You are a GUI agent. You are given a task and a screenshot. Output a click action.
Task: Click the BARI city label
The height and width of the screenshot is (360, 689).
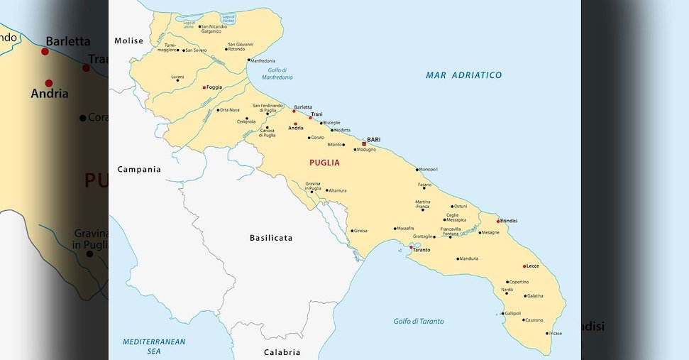[x=373, y=140]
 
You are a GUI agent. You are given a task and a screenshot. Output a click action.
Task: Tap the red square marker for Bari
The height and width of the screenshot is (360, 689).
[x=364, y=143]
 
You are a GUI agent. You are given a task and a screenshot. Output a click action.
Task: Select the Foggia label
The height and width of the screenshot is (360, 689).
[x=214, y=87]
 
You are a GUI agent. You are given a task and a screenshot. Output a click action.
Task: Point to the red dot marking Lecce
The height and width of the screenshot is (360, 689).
[x=524, y=266]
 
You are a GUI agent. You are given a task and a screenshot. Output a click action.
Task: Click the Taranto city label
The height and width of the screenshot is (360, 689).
[x=421, y=250]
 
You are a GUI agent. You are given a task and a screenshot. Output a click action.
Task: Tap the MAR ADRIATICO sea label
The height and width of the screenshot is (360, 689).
[x=463, y=75]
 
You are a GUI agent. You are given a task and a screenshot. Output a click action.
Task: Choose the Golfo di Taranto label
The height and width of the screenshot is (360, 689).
[x=419, y=322]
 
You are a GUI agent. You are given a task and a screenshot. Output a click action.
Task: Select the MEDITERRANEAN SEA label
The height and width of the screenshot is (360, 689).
[x=154, y=346]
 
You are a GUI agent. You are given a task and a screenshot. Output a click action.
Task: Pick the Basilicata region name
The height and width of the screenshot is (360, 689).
[x=271, y=238]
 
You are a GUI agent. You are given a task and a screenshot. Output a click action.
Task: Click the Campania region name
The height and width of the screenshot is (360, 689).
[x=139, y=170]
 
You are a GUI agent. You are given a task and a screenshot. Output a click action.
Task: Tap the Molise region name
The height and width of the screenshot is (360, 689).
[x=128, y=41]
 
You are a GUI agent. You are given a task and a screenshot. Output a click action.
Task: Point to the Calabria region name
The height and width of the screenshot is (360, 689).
[x=282, y=352]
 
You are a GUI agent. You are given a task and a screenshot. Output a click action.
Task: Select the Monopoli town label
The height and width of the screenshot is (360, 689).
[x=429, y=169]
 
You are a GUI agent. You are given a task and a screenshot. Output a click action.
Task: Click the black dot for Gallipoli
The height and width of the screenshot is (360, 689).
[x=502, y=313]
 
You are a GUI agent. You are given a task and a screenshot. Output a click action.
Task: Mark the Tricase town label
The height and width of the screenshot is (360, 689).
[x=555, y=333]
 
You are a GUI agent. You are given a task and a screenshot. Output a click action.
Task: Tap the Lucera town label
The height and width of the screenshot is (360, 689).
[x=177, y=77]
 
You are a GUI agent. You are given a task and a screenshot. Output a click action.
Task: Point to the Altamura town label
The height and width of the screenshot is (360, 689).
[x=337, y=190]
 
